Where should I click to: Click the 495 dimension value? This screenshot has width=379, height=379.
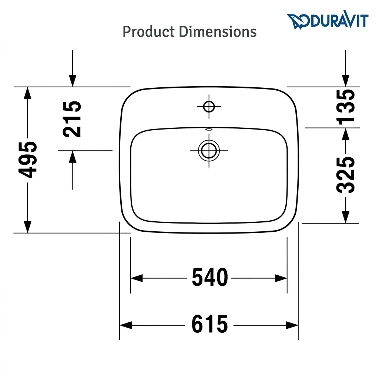coord(27,160)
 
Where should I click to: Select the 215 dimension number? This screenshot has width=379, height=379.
coord(72,119)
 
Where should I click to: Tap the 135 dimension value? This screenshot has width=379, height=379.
coord(346,107)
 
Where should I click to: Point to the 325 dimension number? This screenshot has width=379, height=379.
coord(346,175)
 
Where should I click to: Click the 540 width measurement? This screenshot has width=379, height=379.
coord(210,277)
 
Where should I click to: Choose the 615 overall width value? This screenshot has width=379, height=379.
coord(209,324)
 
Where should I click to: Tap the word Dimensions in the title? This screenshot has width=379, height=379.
coord(218,32)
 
